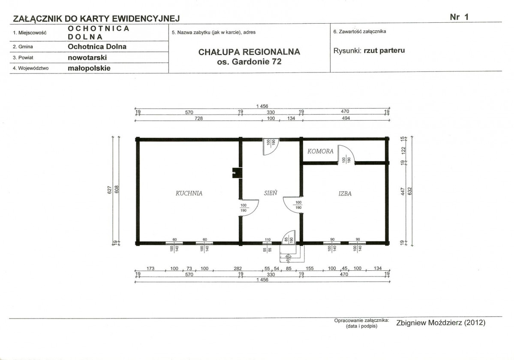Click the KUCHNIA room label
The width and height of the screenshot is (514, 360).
point(189,193)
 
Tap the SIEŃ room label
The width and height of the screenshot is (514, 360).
point(271,193)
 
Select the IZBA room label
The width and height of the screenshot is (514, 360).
point(345,194)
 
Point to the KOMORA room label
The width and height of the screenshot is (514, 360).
point(320,151)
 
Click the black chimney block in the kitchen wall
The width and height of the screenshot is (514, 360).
point(237,173)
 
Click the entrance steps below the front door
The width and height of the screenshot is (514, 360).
point(292,253)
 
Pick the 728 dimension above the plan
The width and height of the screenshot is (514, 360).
point(198,118)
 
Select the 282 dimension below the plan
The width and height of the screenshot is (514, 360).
point(237,269)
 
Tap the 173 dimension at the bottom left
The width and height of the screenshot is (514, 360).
point(150,269)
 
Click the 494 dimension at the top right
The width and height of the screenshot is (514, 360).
point(346,118)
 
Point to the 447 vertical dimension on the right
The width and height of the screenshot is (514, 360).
point(403,192)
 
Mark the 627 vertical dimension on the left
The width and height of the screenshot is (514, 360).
point(109,190)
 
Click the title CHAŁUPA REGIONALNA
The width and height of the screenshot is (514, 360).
point(249,52)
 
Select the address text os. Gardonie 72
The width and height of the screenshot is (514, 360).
point(249,62)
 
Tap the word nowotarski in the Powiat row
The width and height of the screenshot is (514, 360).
point(87,57)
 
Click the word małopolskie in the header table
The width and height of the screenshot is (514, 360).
point(89,68)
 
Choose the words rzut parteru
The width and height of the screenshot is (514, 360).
point(384,51)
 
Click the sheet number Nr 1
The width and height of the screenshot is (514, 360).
point(459,17)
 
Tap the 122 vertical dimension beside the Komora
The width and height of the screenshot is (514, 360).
point(403,150)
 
